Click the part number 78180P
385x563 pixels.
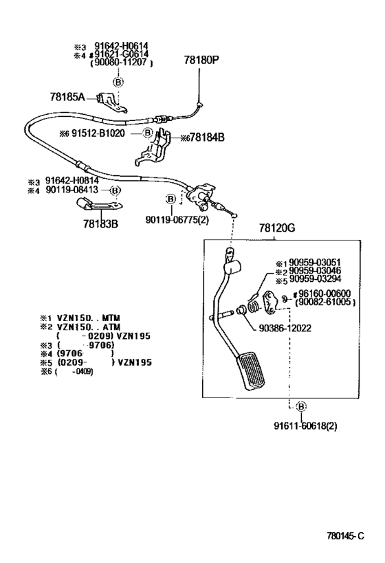coord(201,60)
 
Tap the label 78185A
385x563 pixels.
coord(67,97)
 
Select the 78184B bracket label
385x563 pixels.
coord(207,137)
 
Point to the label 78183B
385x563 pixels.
coord(100,223)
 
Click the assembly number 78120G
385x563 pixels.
coord(277,228)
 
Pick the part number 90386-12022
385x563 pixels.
coord(285,328)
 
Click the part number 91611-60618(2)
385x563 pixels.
coord(306,426)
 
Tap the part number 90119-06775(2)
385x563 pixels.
coord(177,219)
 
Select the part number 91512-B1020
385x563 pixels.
coord(98,133)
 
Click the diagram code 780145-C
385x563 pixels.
coord(346,536)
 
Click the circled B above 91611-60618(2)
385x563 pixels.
coord(301,406)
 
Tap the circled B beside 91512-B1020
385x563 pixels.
coord(148,133)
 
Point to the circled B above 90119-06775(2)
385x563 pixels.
coord(171,199)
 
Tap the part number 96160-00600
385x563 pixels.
coord(324,294)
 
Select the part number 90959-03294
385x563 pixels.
coord(315,279)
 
